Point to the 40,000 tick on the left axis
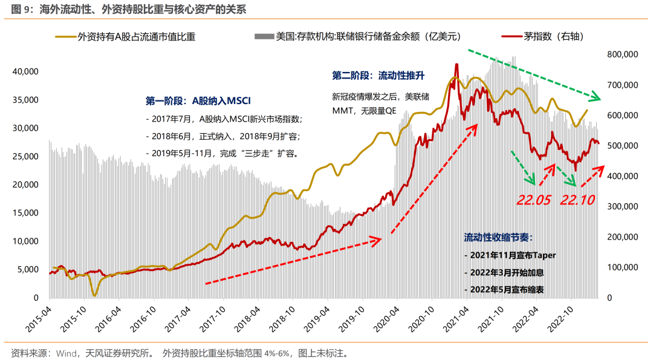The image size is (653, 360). [25, 71]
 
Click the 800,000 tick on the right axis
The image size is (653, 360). [622, 54]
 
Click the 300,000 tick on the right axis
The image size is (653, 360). [622, 206]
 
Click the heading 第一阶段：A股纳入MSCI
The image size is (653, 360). [198, 100]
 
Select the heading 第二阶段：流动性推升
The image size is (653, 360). [378, 76]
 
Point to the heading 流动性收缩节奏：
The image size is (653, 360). [499, 236]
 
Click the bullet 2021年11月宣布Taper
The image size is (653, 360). [510, 255]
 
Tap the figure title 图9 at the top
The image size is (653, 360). [129, 10]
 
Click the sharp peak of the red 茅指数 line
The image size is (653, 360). [456, 64]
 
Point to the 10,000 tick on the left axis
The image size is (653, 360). [25, 241]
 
